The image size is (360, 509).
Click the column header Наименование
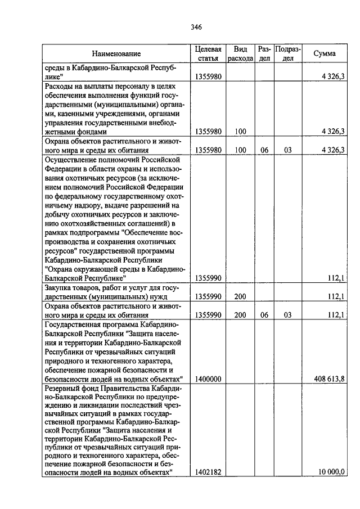[x=117, y=54]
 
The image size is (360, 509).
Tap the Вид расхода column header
[x=241, y=53]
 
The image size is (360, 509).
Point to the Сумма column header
[x=325, y=54]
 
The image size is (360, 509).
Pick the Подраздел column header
[x=287, y=53]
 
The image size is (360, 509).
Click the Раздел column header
[x=264, y=53]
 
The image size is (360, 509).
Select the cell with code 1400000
[x=208, y=380]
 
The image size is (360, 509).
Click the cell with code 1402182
[x=208, y=472]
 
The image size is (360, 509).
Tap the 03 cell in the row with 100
[x=287, y=150]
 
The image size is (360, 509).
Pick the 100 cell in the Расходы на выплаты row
[x=241, y=132]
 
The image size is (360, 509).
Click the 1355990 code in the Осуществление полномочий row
[x=208, y=278]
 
